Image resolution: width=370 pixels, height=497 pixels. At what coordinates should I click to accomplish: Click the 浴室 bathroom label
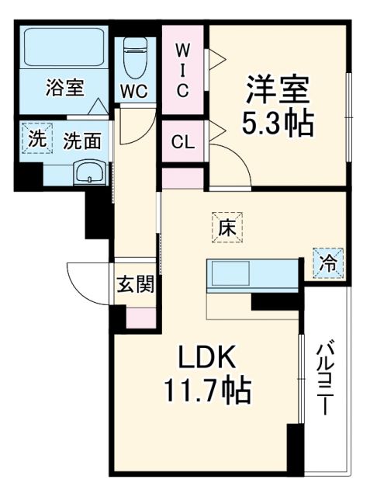pyautogui.click(x=64, y=88)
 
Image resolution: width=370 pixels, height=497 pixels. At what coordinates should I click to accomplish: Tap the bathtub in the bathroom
pyautogui.click(x=64, y=48)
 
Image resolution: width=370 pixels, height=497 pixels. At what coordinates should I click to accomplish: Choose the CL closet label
pyautogui.click(x=182, y=142)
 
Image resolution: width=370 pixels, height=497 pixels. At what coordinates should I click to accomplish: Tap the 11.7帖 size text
pyautogui.click(x=207, y=391)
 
